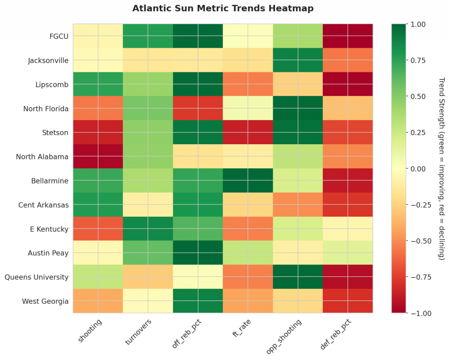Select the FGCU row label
[x=59, y=36]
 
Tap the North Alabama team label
[x=42, y=157]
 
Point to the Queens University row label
[x=36, y=277]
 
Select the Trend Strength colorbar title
[x=441, y=168]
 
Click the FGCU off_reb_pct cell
[x=198, y=36]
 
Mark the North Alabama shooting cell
[x=98, y=157]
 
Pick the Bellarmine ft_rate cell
[x=248, y=181]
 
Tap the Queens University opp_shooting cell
[x=298, y=277]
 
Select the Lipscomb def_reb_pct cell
[x=348, y=84]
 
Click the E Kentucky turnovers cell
[x=148, y=229]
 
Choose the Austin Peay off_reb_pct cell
[x=198, y=253]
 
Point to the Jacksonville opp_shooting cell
[x=298, y=60]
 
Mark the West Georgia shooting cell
[x=98, y=301]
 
